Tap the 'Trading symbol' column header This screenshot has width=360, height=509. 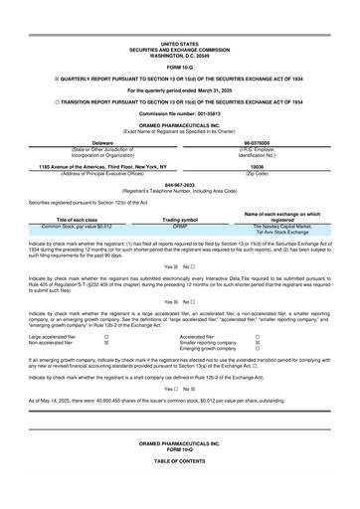(x=180, y=219)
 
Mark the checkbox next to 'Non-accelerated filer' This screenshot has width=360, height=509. (x=106, y=342)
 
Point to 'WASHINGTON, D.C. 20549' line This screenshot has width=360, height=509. (x=179, y=54)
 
